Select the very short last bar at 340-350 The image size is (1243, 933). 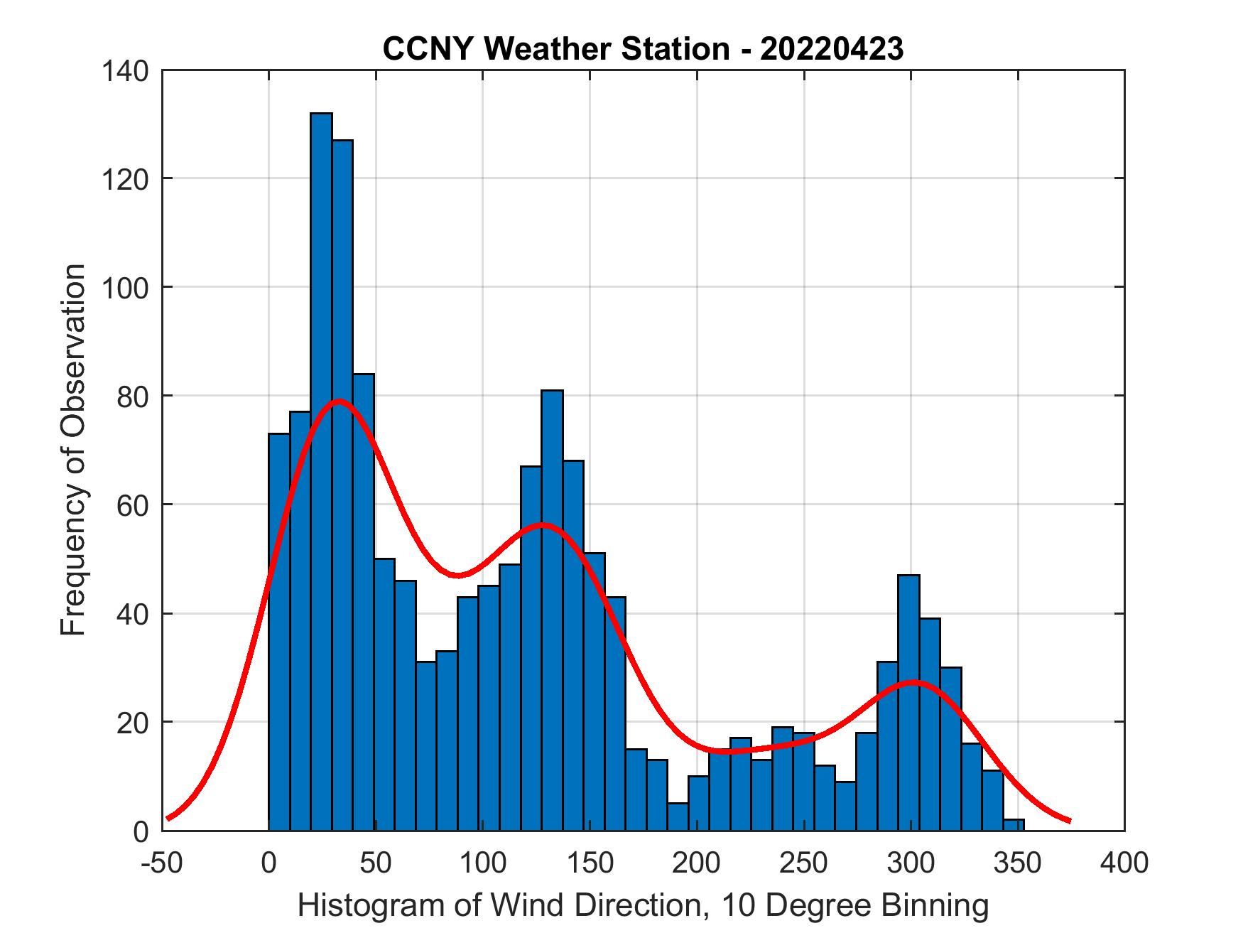(x=1014, y=824)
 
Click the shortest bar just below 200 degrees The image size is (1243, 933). (x=678, y=816)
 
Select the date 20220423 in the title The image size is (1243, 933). (x=831, y=49)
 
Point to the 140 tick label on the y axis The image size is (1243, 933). (x=125, y=70)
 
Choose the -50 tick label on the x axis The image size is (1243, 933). (x=163, y=862)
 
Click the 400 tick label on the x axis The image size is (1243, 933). (x=1124, y=862)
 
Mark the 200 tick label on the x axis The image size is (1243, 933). (x=697, y=862)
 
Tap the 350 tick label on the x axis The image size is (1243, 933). (x=1018, y=862)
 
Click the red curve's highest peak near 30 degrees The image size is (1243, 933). (x=339, y=401)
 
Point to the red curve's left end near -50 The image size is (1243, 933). (x=168, y=818)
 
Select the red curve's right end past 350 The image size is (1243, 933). (x=1068, y=820)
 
